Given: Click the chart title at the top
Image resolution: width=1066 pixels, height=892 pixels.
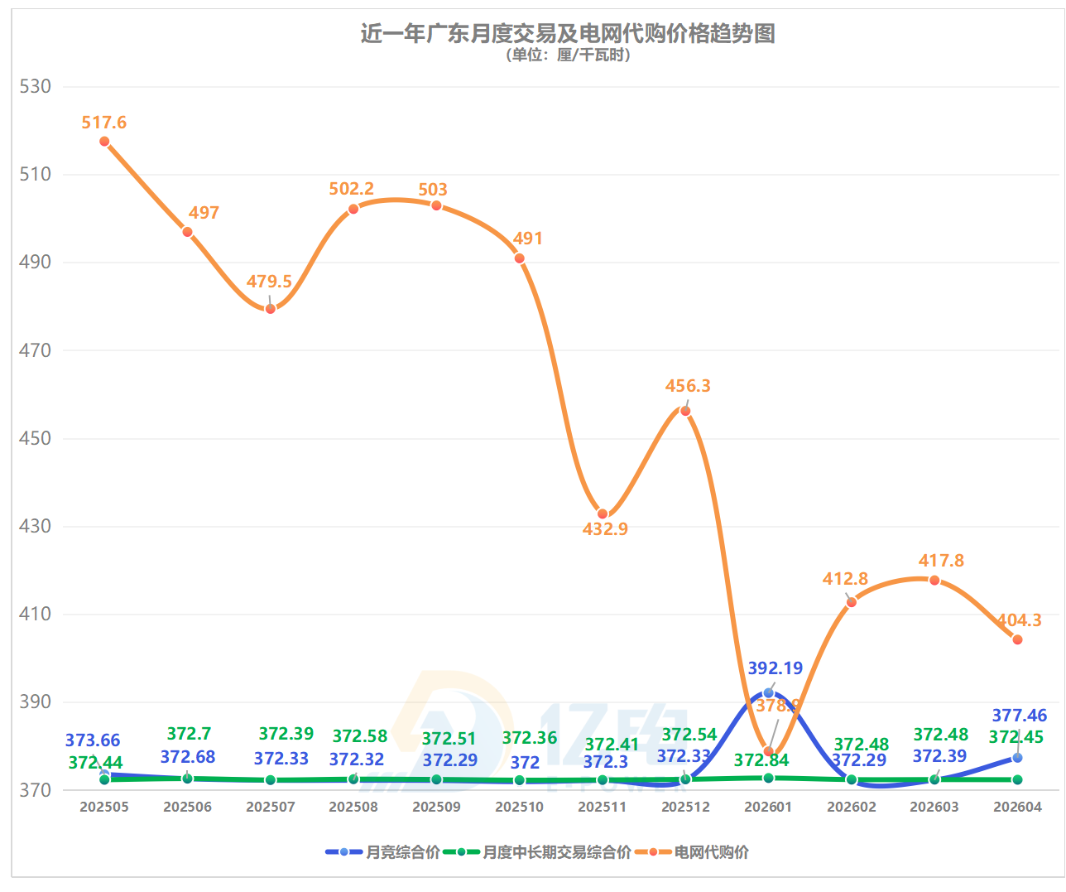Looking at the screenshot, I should coord(567,33).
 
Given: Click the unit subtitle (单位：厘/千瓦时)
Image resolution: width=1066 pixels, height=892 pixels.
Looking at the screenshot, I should coord(568,55).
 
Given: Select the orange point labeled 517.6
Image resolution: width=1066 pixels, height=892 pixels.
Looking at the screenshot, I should coord(104,142).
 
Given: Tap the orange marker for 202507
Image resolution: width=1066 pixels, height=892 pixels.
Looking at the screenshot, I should coord(271,309).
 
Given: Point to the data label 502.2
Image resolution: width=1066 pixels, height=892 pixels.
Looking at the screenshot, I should coord(351,189).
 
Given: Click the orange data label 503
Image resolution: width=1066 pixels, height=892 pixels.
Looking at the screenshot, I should coord(433,190).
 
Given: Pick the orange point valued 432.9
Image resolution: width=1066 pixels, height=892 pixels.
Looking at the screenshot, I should coord(603,514).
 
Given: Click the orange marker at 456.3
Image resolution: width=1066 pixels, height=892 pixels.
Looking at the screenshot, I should coord(685,411).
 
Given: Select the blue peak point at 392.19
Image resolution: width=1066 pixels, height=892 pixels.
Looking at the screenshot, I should coord(769,692).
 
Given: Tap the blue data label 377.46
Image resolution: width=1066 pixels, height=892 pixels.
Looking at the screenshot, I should coord(1019,716).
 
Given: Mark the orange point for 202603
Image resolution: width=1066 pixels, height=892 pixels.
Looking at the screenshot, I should coord(934,580).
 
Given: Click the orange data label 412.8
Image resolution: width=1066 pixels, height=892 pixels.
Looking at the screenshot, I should coord(845,579).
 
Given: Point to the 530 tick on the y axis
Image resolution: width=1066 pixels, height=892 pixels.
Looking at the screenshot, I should coord(35,87).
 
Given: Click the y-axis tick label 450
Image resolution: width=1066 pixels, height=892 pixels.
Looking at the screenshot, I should coord(35,438).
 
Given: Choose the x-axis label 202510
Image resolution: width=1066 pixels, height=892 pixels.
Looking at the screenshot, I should coord(519,807).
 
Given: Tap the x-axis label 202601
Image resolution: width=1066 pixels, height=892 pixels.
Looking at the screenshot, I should coord(768,807).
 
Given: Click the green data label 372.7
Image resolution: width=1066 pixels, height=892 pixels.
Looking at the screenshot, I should coord(189,734).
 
